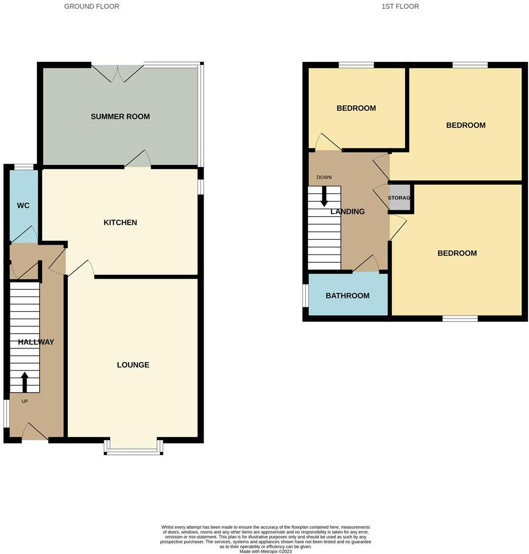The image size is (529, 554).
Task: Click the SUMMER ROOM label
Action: [x=120, y=116]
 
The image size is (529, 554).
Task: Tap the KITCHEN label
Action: [x=120, y=222]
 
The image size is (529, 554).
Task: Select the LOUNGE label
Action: [x=133, y=365]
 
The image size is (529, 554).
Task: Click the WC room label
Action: [x=23, y=205]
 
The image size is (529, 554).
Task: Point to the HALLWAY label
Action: [x=36, y=342]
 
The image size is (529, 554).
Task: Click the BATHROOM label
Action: [x=347, y=295]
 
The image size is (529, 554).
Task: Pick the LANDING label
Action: [x=347, y=211]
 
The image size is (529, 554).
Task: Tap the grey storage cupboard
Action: [x=399, y=198]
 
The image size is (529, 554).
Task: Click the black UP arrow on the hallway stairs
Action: [x=25, y=382]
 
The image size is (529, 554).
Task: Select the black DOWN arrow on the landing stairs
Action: [x=324, y=197]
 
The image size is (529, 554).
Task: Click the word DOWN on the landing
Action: [x=324, y=177]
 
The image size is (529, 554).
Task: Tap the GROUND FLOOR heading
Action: [x=91, y=6]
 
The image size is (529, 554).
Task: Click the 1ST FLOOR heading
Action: [x=400, y=6]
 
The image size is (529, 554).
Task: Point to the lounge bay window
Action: [x=133, y=446]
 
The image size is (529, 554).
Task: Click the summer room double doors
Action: [x=118, y=72]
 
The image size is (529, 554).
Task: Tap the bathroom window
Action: [x=305, y=295]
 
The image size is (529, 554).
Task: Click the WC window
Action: [x=23, y=167]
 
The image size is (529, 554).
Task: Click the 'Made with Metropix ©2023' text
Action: [x=266, y=551]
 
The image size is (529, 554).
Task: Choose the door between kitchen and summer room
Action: [x=137, y=160]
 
